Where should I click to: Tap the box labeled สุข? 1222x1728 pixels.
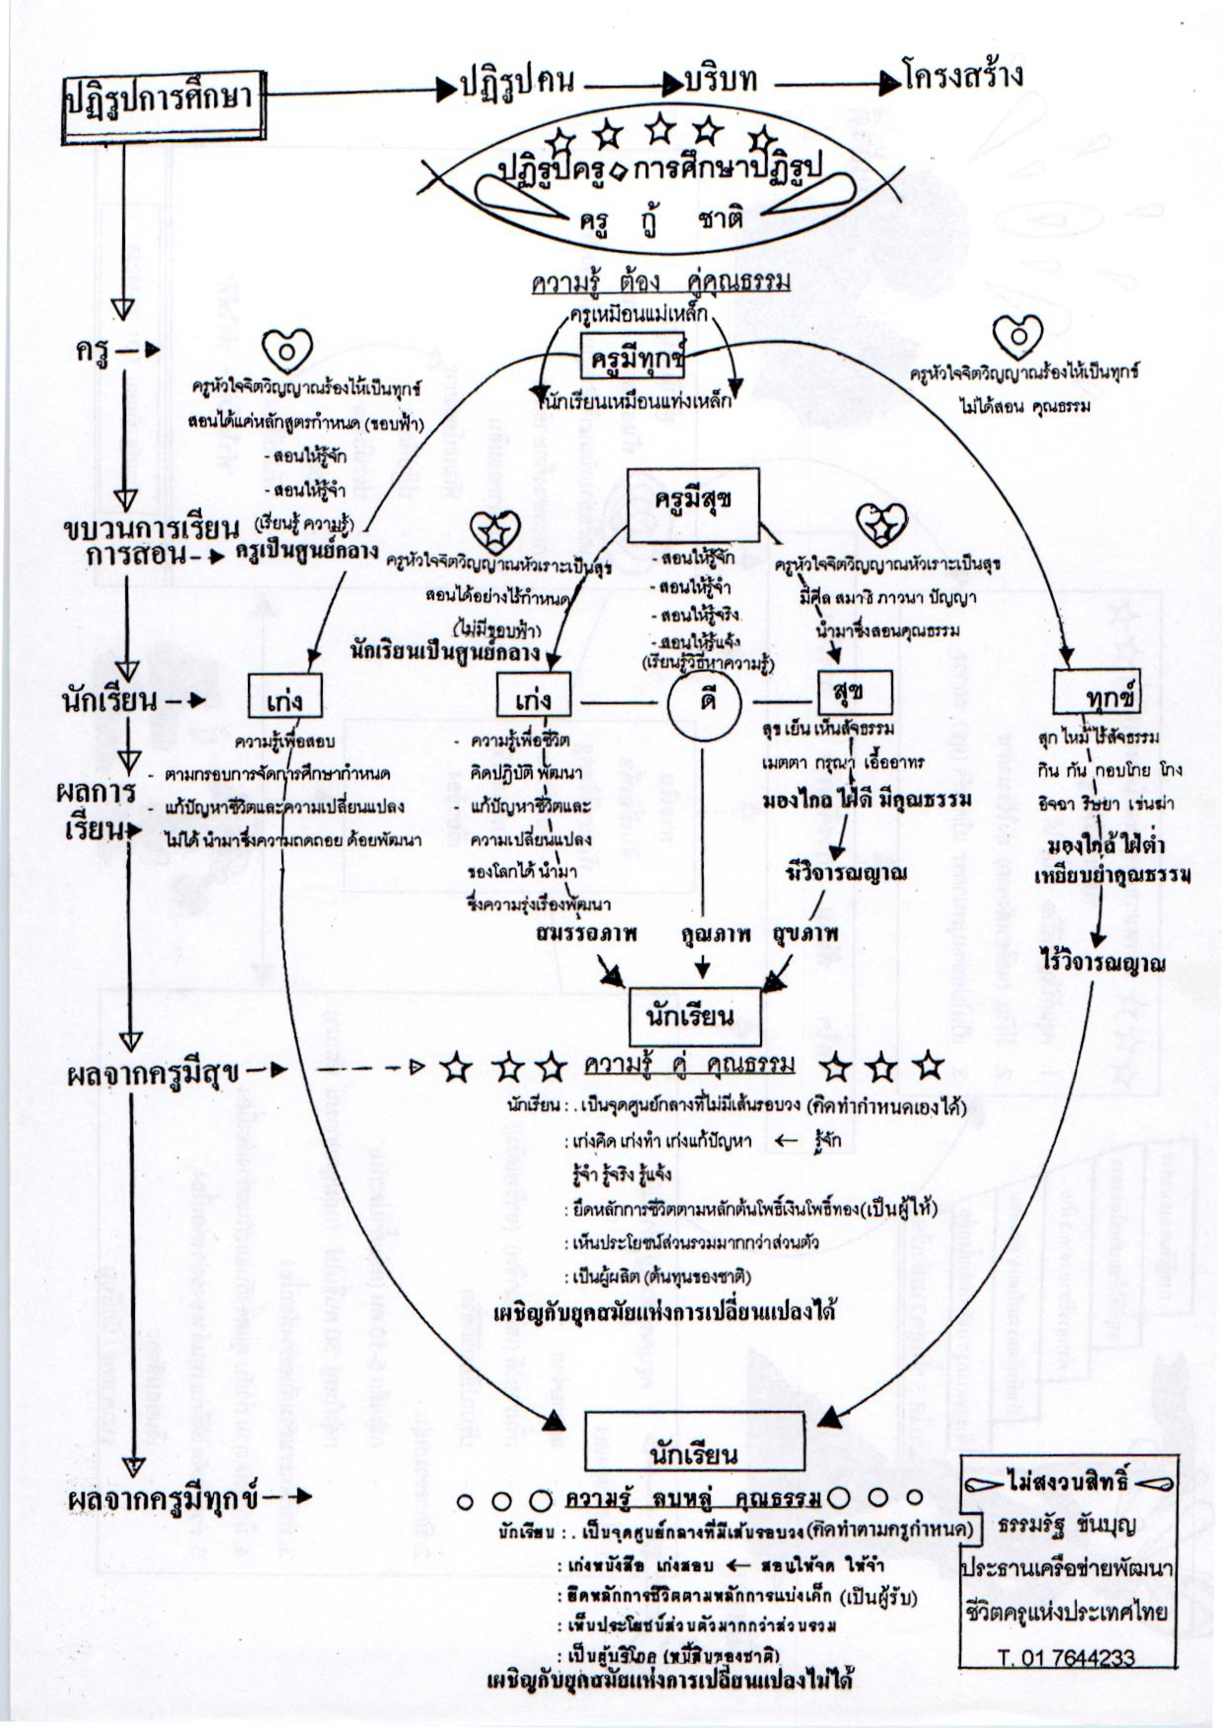[x=854, y=692]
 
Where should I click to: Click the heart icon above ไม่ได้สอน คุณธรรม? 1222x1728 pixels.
[x=1017, y=336]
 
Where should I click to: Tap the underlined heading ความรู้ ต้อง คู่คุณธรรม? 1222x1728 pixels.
[x=661, y=283]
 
